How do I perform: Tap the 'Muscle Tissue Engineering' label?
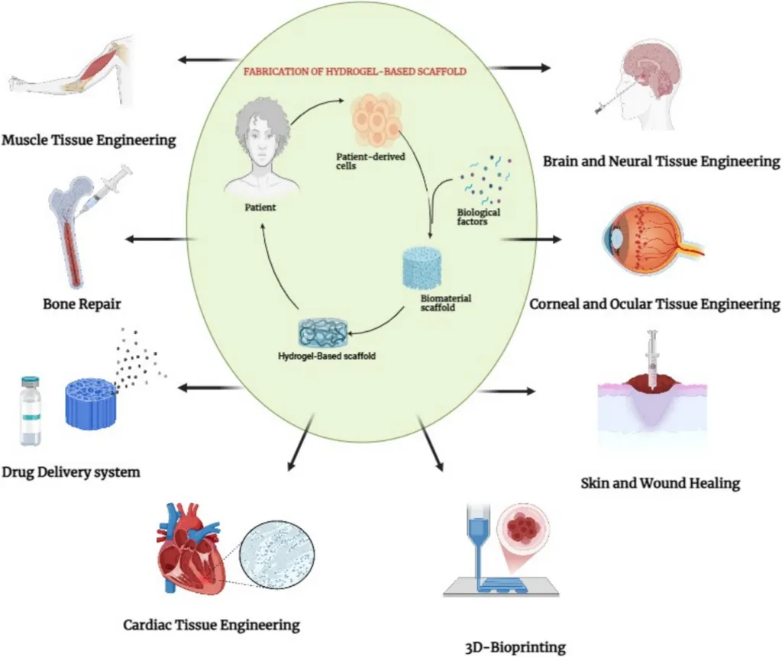pos(89,140)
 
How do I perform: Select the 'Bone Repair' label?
pos(82,304)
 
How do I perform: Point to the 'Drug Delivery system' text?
pos(71,472)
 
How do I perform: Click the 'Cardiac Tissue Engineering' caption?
pos(212,625)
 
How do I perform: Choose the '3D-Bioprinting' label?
pos(515,648)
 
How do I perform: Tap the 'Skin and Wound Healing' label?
pos(660,483)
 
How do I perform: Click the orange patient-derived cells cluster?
pos(376,121)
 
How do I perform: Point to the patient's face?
pos(262,150)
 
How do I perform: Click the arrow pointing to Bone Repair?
pos(157,240)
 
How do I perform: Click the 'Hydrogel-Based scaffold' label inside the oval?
pos(327,354)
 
